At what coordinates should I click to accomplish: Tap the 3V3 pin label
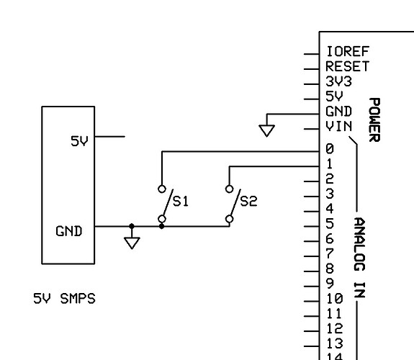[x=336, y=82]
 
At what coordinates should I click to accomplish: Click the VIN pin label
[x=338, y=127]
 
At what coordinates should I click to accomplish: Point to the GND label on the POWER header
[x=338, y=112]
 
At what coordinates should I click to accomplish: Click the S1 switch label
[x=181, y=202]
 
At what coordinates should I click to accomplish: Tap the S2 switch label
[x=248, y=202]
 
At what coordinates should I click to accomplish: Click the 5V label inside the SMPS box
[x=78, y=142]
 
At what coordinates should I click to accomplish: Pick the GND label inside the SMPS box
[x=68, y=232]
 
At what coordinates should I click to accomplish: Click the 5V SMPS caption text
[x=64, y=298]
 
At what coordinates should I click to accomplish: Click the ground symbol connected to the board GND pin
[x=267, y=130]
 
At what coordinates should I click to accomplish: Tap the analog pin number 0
[x=329, y=149]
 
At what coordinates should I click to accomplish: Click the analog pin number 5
[x=329, y=224]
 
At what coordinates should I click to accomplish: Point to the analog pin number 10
[x=333, y=299]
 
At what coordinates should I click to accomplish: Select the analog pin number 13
[x=333, y=343]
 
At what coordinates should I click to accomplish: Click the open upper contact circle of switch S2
[x=229, y=189]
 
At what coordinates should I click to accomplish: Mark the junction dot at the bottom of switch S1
[x=161, y=226]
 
